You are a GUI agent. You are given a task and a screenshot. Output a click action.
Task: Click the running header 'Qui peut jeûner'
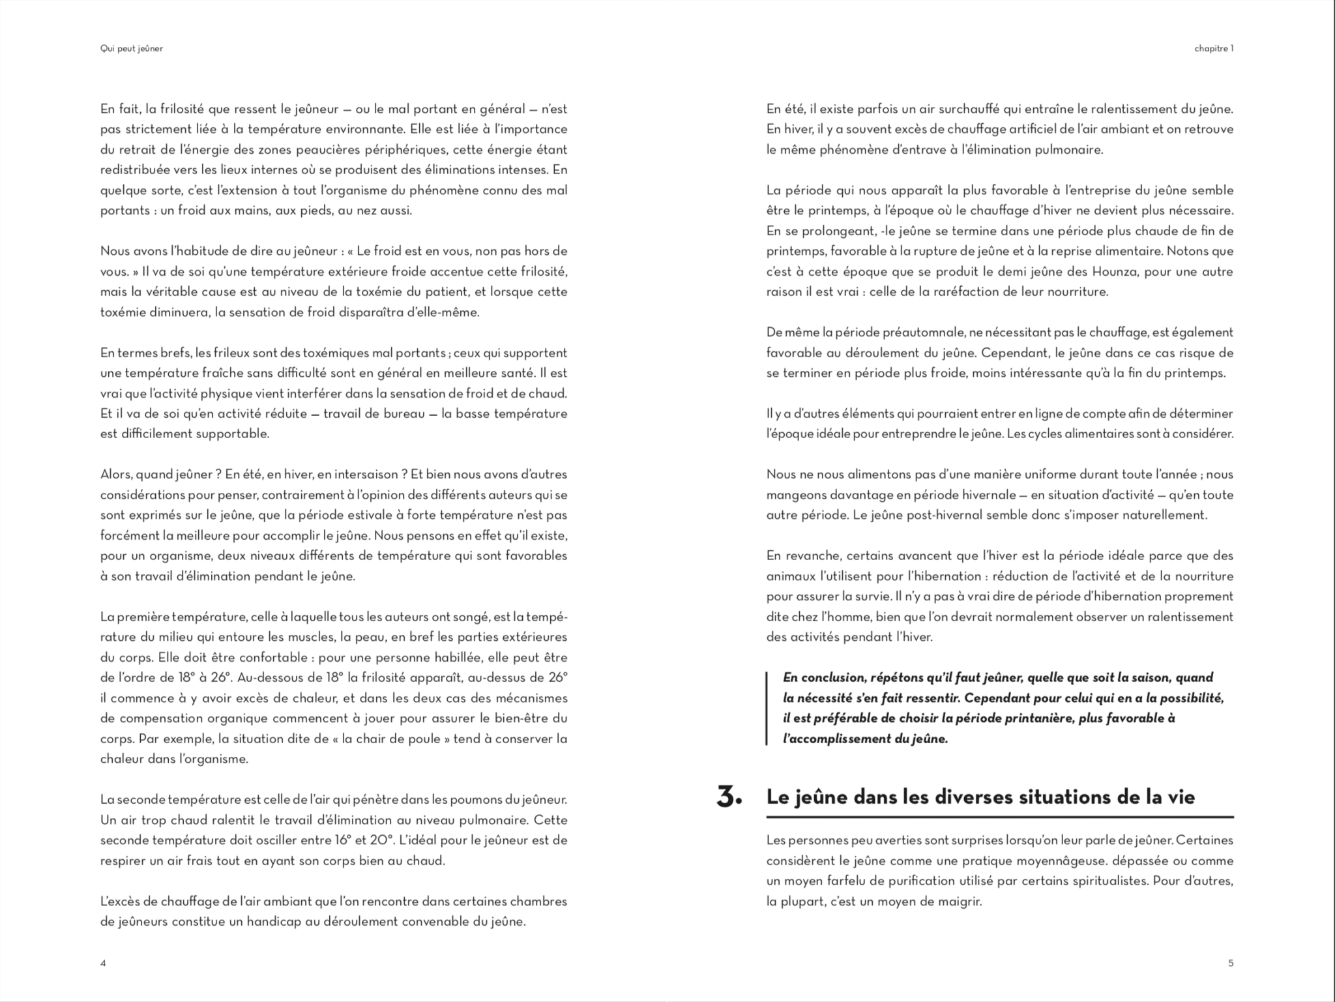pyautogui.click(x=132, y=49)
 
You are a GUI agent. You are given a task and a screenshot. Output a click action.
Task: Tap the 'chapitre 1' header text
pyautogui.click(x=1214, y=49)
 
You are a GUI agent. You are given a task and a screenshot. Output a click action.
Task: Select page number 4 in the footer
pyautogui.click(x=103, y=963)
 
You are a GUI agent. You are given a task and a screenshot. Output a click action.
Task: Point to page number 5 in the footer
pyautogui.click(x=1231, y=963)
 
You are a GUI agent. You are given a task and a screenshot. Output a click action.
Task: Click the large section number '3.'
pyautogui.click(x=729, y=797)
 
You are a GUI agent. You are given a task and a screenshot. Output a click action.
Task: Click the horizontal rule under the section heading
pyautogui.click(x=1000, y=817)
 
